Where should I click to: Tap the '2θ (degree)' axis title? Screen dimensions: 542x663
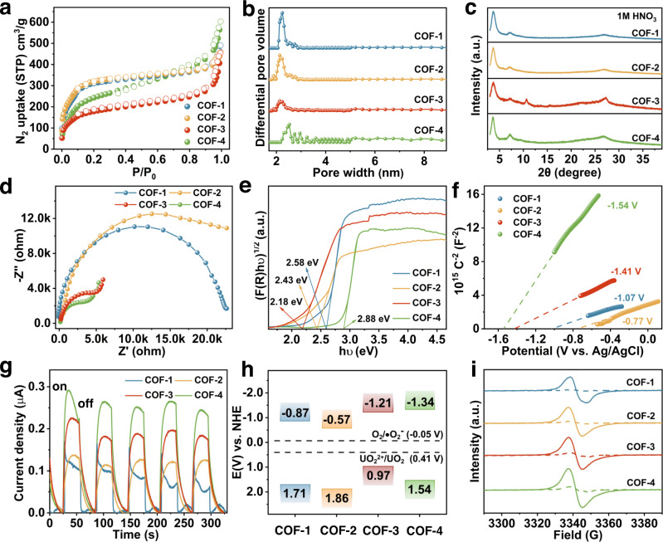pos(563,177)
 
